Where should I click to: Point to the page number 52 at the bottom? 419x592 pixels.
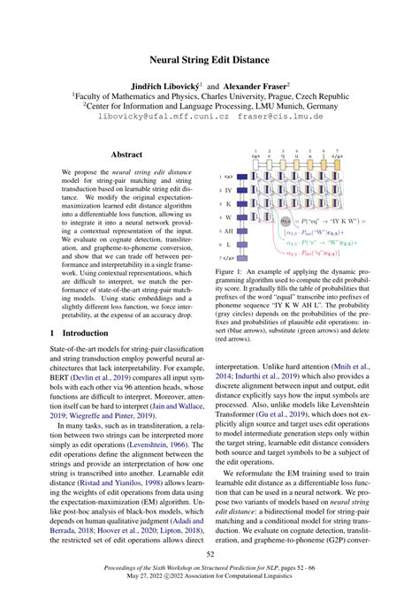pos(209,553)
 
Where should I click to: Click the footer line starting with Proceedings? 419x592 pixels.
pos(209,572)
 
